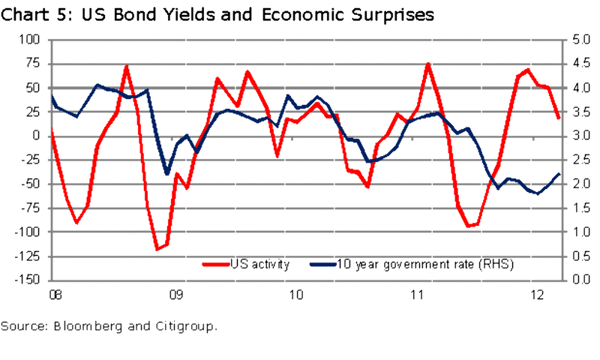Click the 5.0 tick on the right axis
point(575,40)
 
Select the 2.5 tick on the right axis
point(575,160)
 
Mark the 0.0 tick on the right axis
point(575,280)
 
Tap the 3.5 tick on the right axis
point(575,112)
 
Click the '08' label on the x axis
point(54,294)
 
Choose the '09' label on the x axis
point(174,294)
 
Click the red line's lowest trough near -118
point(157,249)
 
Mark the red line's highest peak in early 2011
point(427,64)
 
